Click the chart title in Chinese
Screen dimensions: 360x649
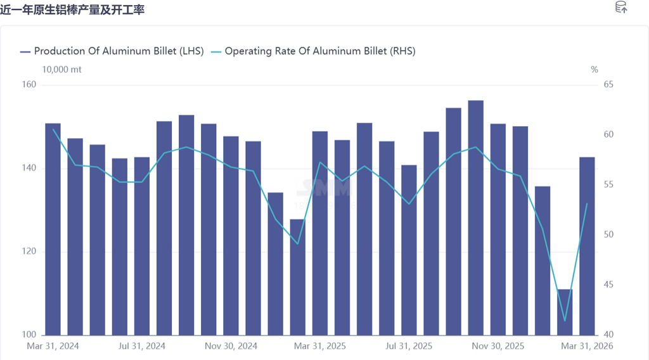point(73,9)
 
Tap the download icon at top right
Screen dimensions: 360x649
point(621,8)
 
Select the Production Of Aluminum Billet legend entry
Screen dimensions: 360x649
point(112,51)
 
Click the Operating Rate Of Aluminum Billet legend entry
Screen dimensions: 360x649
point(313,51)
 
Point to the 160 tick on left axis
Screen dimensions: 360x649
point(30,85)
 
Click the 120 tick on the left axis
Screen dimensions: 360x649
point(30,252)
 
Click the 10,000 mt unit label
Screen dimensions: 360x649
point(61,70)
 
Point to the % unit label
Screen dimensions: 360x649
point(594,70)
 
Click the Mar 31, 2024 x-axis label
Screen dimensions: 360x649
point(53,346)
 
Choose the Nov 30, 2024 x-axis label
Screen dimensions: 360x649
point(231,346)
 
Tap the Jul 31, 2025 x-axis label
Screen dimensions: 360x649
point(409,346)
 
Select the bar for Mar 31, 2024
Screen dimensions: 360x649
point(53,229)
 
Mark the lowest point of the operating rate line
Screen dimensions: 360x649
point(565,320)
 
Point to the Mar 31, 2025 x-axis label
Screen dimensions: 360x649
point(320,346)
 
